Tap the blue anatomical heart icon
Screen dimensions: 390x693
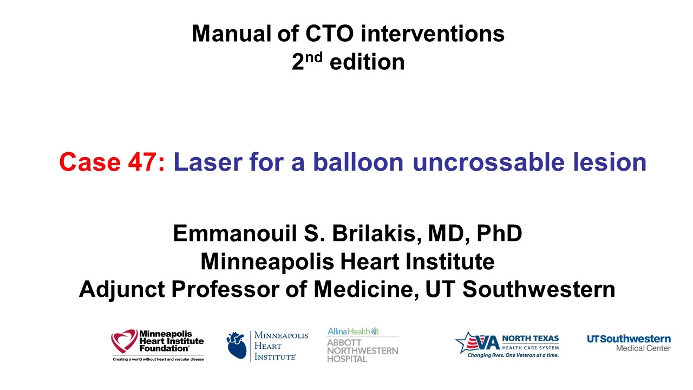pyautogui.click(x=237, y=346)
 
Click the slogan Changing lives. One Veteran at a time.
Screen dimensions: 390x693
pyautogui.click(x=513, y=355)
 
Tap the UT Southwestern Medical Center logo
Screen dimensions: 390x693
pyautogui.click(x=629, y=343)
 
